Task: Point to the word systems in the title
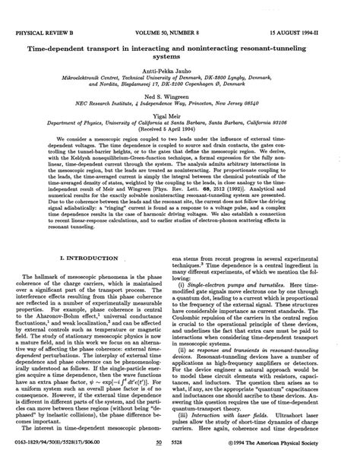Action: click(x=180, y=36)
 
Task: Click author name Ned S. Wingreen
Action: click(x=180, y=78)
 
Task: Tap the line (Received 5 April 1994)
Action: click(x=180, y=113)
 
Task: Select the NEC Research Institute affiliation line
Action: click(x=180, y=85)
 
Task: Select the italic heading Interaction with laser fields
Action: click(x=248, y=417)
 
